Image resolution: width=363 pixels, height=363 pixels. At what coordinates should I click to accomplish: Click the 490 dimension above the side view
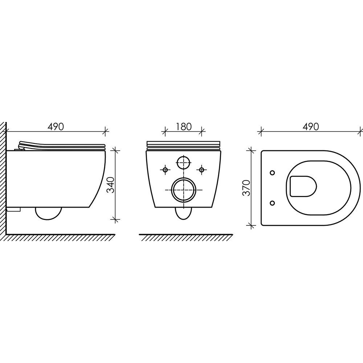pos(56,127)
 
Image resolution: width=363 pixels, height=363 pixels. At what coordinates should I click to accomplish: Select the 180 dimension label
pos(184,127)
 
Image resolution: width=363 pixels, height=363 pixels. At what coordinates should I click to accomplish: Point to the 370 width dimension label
pos(247,188)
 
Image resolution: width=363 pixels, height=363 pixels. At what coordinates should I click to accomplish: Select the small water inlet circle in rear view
pos(184,163)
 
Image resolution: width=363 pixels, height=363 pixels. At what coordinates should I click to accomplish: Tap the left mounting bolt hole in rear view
pos(165,170)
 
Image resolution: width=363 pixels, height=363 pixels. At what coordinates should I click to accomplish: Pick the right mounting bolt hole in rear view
pos(202,170)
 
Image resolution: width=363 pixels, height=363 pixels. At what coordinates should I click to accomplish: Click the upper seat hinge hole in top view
pos(273,172)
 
